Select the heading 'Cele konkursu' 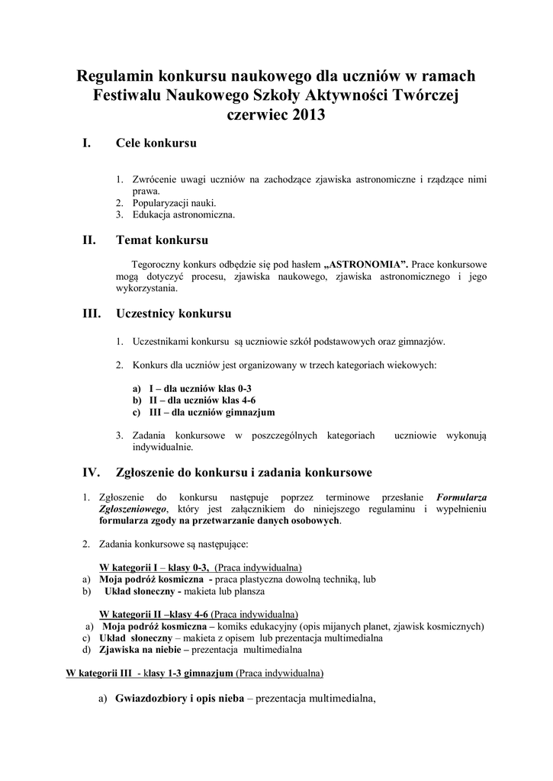tap(156, 143)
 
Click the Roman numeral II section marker tap(88, 240)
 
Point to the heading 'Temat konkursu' tap(162, 240)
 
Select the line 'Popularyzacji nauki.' tap(175, 203)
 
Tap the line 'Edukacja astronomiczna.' tap(183, 214)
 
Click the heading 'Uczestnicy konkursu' tap(174, 313)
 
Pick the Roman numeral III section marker tap(91, 313)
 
